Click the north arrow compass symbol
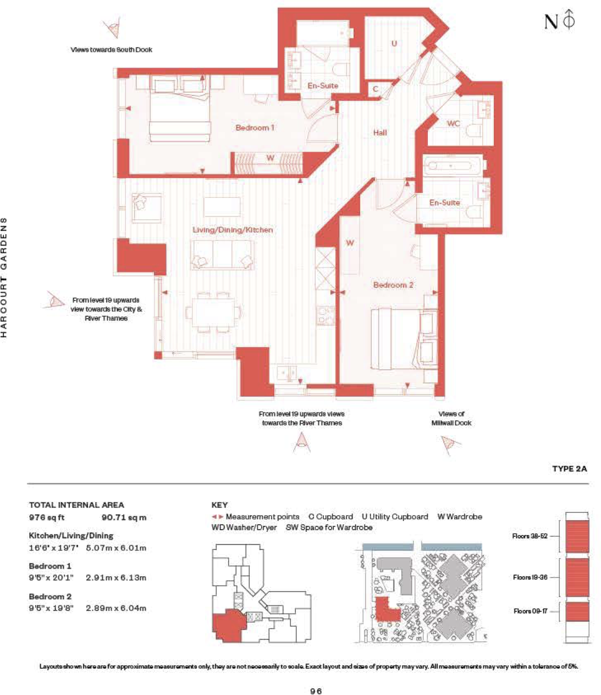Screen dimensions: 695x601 tap(569, 20)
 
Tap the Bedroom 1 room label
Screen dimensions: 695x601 tap(255, 127)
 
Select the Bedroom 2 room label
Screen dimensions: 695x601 tap(393, 285)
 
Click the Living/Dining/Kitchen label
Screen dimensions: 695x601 tap(233, 230)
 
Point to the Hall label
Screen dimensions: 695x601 tap(380, 132)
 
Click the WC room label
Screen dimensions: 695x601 tap(453, 124)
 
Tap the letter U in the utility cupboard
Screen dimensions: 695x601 tap(394, 43)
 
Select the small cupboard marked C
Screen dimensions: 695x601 tap(376, 89)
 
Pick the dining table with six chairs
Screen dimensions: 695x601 tap(213, 312)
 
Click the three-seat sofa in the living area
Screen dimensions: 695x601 tap(222, 255)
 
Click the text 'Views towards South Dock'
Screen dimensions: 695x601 tap(111, 49)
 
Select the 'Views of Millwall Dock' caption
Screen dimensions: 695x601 tap(451, 418)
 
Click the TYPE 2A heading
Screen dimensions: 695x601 tap(569, 469)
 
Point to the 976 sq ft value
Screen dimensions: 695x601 tap(47, 518)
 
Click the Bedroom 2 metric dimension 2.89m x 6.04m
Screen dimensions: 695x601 tap(116, 608)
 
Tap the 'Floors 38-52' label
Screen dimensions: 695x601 tap(530, 536)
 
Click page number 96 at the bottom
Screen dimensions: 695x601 tap(316, 691)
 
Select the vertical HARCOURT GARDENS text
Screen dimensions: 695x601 tap(4, 277)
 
